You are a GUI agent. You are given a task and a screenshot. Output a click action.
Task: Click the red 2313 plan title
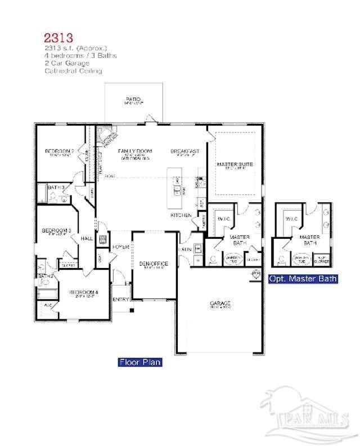click(58, 38)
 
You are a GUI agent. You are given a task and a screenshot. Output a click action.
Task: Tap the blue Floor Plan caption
click(139, 362)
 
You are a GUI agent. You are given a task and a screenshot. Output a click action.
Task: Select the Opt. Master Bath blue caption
click(303, 279)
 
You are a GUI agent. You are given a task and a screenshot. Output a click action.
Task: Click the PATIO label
click(134, 100)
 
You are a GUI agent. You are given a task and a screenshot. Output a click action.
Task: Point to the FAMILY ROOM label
click(135, 151)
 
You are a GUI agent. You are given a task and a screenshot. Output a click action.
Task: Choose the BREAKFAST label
click(185, 151)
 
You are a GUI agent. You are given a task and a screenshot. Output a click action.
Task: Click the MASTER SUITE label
click(235, 164)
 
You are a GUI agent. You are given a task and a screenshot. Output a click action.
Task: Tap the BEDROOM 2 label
click(59, 151)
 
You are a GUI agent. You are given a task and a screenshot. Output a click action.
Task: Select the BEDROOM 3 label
click(56, 230)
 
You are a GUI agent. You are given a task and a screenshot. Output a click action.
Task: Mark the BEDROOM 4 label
click(83, 292)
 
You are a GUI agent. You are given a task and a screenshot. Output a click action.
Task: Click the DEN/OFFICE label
click(154, 264)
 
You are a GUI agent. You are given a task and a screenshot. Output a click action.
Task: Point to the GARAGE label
click(220, 304)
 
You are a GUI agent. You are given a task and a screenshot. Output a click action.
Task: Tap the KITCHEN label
click(182, 216)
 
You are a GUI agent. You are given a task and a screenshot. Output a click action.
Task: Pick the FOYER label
click(121, 247)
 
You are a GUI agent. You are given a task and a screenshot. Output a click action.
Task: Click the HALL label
click(87, 239)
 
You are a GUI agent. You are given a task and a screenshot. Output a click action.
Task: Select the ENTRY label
click(120, 300)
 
